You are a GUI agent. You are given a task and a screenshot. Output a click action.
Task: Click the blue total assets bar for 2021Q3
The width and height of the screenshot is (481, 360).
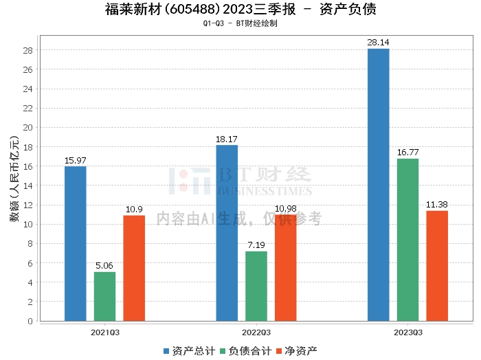(76, 243)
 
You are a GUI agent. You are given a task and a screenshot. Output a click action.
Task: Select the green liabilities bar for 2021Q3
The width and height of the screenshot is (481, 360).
(105, 296)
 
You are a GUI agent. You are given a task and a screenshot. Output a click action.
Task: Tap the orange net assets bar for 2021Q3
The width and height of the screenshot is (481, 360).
(134, 268)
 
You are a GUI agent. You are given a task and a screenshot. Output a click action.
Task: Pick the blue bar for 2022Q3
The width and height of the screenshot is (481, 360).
(227, 233)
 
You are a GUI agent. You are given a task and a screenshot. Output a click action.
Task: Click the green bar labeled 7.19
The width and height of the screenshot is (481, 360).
(256, 286)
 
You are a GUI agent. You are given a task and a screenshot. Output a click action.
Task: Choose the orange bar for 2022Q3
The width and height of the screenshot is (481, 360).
(286, 267)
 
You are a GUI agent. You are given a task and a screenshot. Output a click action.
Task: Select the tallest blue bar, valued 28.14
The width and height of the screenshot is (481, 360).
(379, 185)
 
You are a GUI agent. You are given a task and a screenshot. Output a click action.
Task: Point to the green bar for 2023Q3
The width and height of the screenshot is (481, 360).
(407, 240)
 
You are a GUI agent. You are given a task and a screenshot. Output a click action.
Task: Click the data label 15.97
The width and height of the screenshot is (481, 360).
(76, 161)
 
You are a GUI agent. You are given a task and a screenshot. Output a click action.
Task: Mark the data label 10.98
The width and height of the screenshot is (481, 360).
(286, 209)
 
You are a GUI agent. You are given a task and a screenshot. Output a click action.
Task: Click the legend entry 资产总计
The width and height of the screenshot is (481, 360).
(188, 350)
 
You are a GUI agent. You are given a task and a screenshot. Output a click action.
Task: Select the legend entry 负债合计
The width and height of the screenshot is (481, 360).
(245, 350)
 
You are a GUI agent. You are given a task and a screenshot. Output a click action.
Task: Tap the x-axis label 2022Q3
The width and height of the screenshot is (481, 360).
(256, 331)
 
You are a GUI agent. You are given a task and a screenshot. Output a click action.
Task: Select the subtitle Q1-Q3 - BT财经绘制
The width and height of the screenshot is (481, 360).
(240, 23)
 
